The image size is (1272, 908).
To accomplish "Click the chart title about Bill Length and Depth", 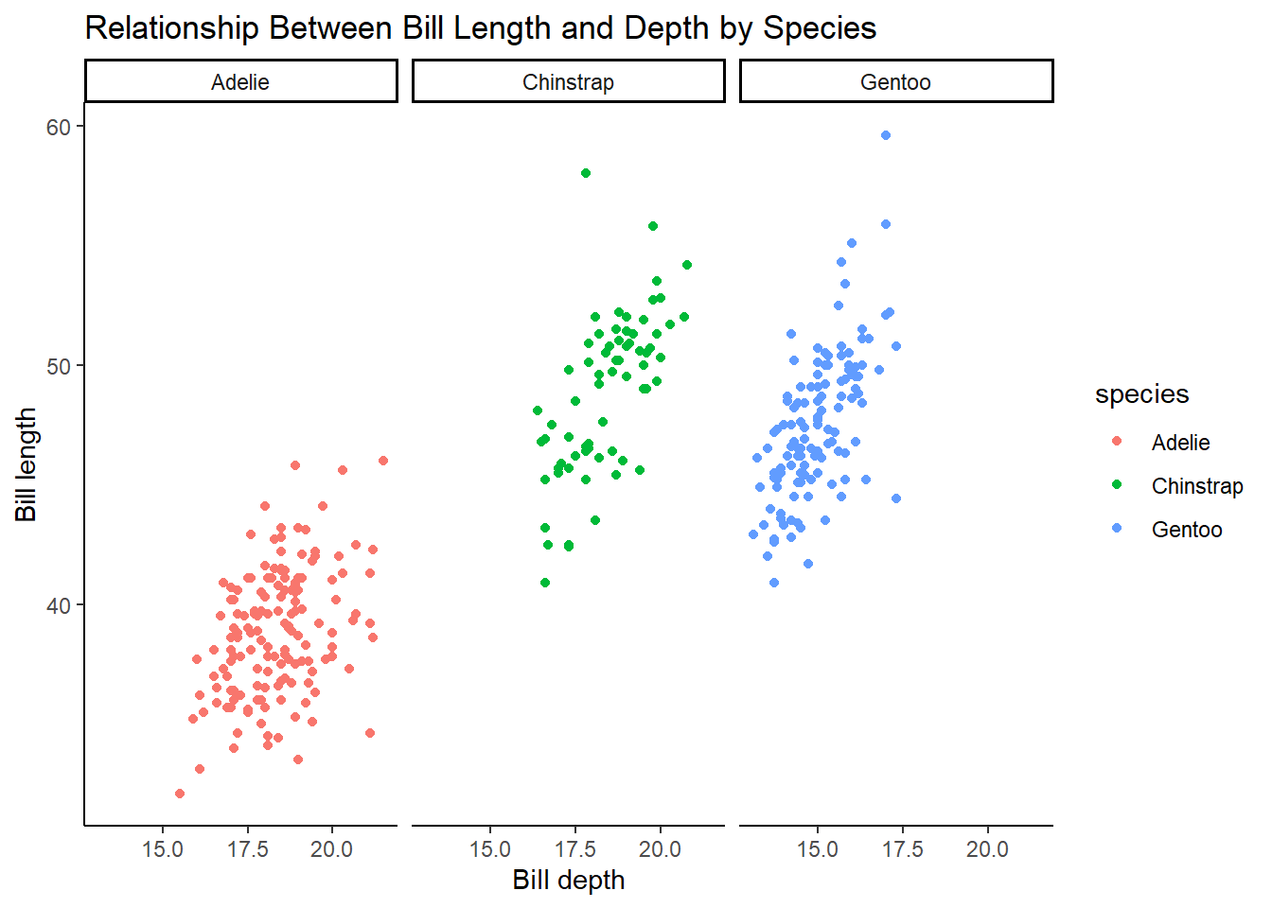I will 480,28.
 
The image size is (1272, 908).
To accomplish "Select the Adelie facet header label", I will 240,82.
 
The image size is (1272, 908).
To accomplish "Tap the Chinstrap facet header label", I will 568,82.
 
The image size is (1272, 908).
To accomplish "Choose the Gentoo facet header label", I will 895,82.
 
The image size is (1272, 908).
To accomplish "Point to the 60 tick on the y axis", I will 59,127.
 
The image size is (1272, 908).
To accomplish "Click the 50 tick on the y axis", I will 59,366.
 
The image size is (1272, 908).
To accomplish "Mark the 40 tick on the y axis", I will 59,605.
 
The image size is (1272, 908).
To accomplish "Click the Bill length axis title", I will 26,464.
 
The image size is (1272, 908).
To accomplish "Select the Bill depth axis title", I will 568,880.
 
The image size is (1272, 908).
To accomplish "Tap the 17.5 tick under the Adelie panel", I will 247,849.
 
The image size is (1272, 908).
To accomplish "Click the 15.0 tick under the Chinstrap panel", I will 490,849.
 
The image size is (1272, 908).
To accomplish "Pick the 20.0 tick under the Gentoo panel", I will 987,849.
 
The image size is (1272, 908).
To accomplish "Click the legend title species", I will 1141,394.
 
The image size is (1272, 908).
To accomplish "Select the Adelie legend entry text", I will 1180,443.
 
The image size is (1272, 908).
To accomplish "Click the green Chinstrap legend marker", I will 1117,485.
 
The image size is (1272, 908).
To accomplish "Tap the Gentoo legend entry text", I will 1187,530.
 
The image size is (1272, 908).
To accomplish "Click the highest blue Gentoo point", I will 886,135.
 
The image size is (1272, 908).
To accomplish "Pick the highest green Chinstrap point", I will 586,173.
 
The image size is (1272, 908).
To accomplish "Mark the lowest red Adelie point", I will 180,794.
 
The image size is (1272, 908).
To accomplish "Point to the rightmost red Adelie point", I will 383,461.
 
